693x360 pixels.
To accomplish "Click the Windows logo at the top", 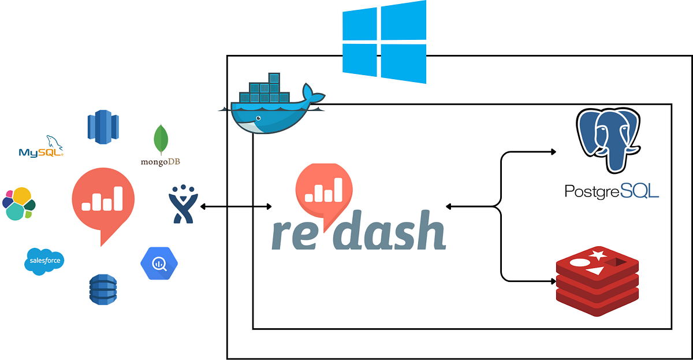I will point(384,42).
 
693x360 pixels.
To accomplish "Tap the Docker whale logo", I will point(271,110).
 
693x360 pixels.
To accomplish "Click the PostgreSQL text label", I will point(612,191).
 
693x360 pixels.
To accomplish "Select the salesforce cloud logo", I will point(44,261).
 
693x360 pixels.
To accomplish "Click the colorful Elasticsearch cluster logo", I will point(18,203).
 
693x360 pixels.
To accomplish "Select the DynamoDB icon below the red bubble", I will point(103,289).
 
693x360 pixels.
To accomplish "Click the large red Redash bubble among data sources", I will point(103,202).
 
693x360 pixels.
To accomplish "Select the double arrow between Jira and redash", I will point(236,206).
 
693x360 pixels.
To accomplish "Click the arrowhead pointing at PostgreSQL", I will point(553,152).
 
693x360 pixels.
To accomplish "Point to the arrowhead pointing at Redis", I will point(553,281).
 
